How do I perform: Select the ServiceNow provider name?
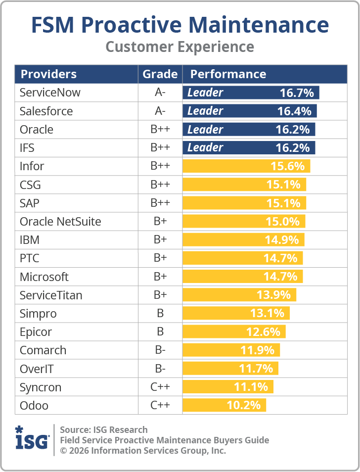[50, 93]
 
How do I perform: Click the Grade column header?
[160, 74]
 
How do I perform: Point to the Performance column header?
[228, 74]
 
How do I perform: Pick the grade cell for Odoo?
[160, 406]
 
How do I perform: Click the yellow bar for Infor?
[246, 166]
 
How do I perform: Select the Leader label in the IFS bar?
[205, 147]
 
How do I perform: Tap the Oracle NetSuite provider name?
[60, 221]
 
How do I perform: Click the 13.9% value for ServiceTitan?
[273, 295]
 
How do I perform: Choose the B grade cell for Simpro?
[160, 314]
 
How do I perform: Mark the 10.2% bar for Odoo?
[224, 406]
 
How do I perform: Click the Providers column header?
[48, 74]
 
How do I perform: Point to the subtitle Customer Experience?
[180, 47]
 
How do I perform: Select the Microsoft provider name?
[44, 277]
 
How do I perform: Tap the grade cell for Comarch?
[160, 350]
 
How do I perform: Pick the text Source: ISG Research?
[104, 429]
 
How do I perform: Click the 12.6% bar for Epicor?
[234, 332]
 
